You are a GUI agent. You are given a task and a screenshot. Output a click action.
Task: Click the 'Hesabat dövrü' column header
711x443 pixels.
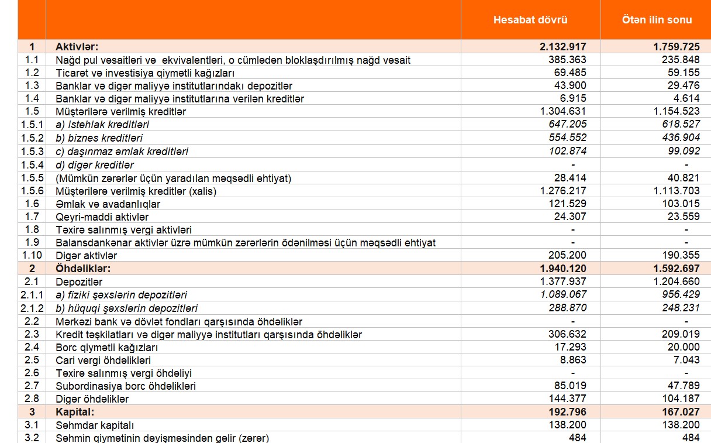pyautogui.click(x=530, y=20)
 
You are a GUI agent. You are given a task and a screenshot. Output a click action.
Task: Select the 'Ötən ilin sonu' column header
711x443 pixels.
pyautogui.click(x=657, y=20)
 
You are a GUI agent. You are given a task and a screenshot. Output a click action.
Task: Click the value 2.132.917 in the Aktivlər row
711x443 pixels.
pyautogui.click(x=563, y=47)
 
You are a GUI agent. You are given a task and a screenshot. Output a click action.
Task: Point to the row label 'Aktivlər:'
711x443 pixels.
pyautogui.click(x=77, y=47)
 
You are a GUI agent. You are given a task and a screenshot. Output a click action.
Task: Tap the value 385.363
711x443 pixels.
pyautogui.click(x=567, y=60)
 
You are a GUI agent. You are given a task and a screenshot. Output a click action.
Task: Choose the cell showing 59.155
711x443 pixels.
pyautogui.click(x=685, y=73)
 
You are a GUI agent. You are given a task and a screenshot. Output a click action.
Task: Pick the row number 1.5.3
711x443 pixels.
pyautogui.click(x=32, y=152)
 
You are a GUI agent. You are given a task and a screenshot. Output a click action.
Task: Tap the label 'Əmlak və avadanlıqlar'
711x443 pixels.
pyautogui.click(x=108, y=204)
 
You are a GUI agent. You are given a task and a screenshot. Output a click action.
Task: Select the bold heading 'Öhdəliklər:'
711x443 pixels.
pyautogui.click(x=83, y=269)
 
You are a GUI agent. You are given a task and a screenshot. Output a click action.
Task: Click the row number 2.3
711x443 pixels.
pyautogui.click(x=32, y=335)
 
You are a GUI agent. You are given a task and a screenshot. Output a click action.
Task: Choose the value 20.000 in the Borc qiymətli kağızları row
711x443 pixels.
pyautogui.click(x=685, y=348)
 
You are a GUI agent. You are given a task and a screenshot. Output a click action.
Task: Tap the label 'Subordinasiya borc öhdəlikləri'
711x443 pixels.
pyautogui.click(x=126, y=386)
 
